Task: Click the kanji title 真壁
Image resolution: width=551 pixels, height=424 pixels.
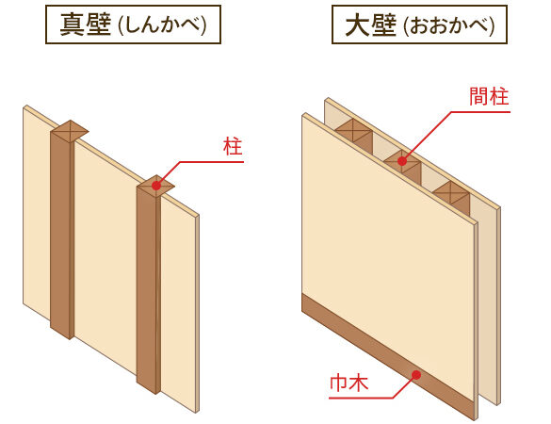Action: coord(86,24)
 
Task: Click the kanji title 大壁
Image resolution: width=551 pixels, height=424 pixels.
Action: coord(371,24)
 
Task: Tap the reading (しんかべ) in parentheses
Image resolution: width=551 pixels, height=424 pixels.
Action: coord(162,25)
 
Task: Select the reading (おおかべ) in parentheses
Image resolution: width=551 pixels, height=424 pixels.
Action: coord(448,25)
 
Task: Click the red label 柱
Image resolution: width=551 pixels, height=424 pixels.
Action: coord(233,147)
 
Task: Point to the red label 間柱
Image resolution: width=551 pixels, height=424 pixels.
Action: coord(489,96)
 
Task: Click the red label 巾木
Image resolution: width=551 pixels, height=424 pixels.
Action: coord(348,383)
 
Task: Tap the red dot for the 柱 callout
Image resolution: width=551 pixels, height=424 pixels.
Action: coord(156,185)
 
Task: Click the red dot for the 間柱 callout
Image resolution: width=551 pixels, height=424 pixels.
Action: coord(402,161)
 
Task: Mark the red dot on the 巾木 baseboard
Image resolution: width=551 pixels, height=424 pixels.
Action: coord(416,375)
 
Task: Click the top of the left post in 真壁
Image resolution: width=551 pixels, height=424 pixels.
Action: coord(69,131)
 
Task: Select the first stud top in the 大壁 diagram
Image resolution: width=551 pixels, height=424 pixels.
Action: coord(353,129)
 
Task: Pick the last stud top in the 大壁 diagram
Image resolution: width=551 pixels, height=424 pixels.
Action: coord(451,192)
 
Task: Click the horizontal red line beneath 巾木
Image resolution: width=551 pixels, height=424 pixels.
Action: coord(361,398)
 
